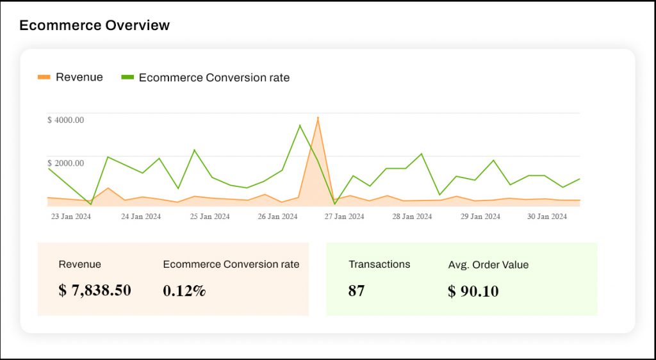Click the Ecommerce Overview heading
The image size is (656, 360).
tap(94, 26)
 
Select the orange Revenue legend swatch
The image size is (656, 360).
tap(44, 78)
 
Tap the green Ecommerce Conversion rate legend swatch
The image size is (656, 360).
tap(127, 78)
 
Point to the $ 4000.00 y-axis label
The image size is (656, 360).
tap(66, 120)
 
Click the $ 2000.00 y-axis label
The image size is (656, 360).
tap(66, 163)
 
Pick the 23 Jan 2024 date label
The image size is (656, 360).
tap(71, 217)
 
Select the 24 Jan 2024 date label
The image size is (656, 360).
tap(141, 217)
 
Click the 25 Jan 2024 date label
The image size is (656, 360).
tap(209, 217)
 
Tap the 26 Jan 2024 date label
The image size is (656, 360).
tap(277, 217)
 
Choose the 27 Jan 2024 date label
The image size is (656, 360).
tap(344, 217)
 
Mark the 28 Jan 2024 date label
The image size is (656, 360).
tap(412, 217)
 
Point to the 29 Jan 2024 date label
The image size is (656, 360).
tap(480, 217)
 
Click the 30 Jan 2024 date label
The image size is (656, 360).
tap(547, 217)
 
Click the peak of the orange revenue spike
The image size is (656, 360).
tap(318, 118)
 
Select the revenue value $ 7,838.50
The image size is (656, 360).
tap(95, 291)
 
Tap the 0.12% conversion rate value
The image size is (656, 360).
tap(184, 291)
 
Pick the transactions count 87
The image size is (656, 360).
tap(357, 291)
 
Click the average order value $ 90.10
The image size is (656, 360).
tap(473, 291)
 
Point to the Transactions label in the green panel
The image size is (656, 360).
tap(379, 264)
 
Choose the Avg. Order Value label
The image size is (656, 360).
tap(489, 265)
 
